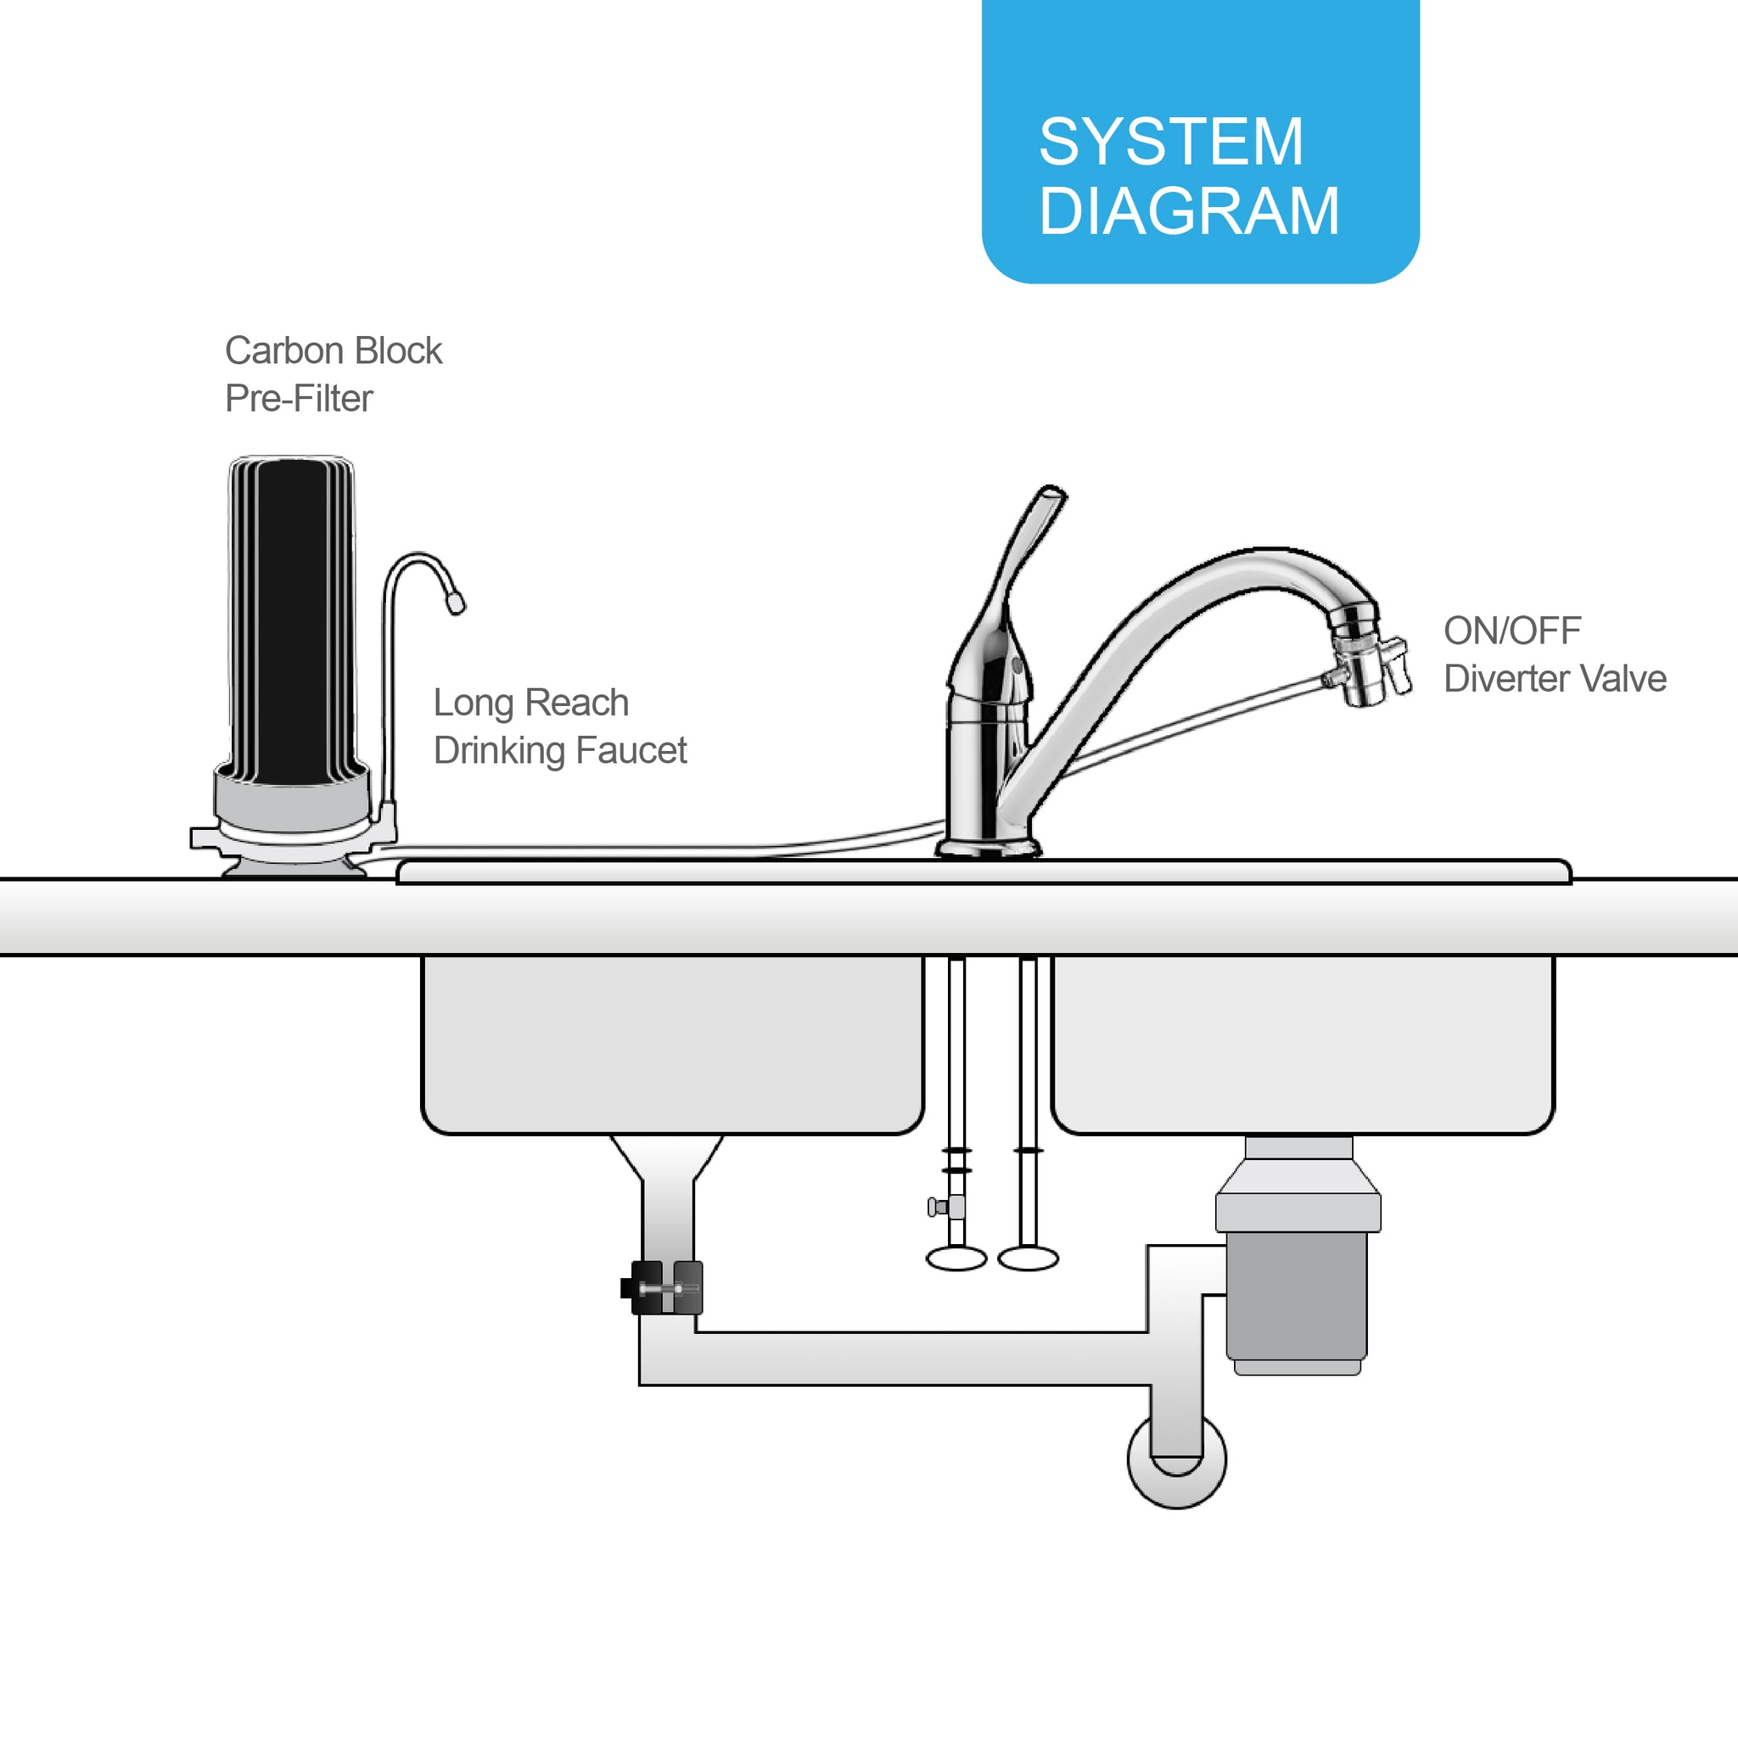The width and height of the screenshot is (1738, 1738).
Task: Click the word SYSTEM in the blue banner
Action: tap(1170, 142)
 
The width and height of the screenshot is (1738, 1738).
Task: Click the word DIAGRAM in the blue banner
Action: tap(1189, 211)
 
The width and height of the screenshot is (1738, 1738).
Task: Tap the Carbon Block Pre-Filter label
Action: tap(333, 374)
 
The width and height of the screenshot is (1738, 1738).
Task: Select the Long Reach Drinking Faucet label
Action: tap(559, 726)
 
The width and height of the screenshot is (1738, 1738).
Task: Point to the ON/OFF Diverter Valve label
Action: tap(1555, 654)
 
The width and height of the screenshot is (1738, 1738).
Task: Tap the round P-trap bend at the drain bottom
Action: tap(1175, 1462)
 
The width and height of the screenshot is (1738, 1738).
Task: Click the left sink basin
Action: tap(672, 1044)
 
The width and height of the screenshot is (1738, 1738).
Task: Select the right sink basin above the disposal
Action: tap(1303, 1044)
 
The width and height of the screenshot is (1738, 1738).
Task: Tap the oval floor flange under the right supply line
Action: tap(1029, 1259)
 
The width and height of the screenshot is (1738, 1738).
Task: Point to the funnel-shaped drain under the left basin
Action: tap(666, 1160)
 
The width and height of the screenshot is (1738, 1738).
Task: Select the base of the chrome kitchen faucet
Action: tap(988, 846)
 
